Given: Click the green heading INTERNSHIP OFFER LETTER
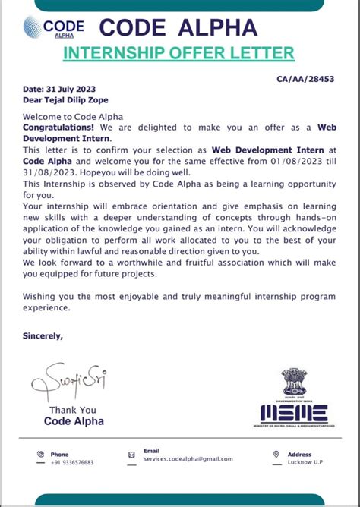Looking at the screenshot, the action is point(178,53).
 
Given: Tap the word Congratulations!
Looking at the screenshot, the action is point(58,128).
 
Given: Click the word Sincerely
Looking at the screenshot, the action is point(43,335).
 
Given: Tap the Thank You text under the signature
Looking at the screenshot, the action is point(72,410).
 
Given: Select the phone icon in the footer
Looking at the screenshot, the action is point(40,455).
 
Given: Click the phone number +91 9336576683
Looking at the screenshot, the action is point(74,461).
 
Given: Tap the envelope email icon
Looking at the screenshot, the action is point(131,455).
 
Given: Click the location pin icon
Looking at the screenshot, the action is point(276,455).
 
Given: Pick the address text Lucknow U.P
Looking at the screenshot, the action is point(305,461).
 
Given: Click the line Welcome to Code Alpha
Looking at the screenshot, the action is point(63,117).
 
